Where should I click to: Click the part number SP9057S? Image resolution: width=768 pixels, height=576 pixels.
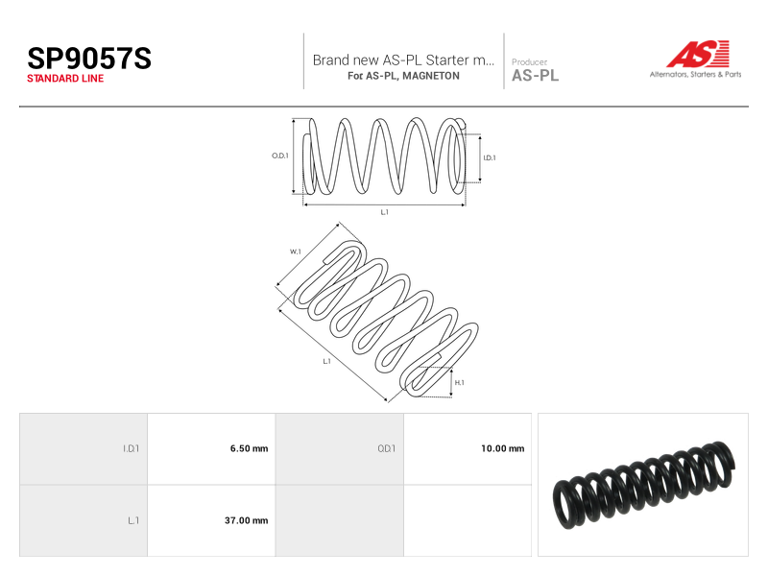(x=89, y=59)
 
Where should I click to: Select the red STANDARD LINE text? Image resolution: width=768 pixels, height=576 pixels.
(x=65, y=79)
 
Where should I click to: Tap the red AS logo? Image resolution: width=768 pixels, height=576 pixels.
(x=698, y=54)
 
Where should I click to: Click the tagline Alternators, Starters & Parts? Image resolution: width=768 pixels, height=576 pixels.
(x=695, y=75)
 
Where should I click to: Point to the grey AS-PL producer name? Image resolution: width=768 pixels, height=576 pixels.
(x=535, y=76)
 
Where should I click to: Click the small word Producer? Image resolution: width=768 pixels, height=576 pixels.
(x=529, y=61)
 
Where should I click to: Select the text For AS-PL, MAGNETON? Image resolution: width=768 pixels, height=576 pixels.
(x=403, y=76)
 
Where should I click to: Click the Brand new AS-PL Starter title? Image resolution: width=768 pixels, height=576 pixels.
(x=403, y=60)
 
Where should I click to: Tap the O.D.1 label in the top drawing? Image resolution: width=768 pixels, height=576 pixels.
(x=280, y=156)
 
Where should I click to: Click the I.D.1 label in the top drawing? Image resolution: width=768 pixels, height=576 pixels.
(x=490, y=157)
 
